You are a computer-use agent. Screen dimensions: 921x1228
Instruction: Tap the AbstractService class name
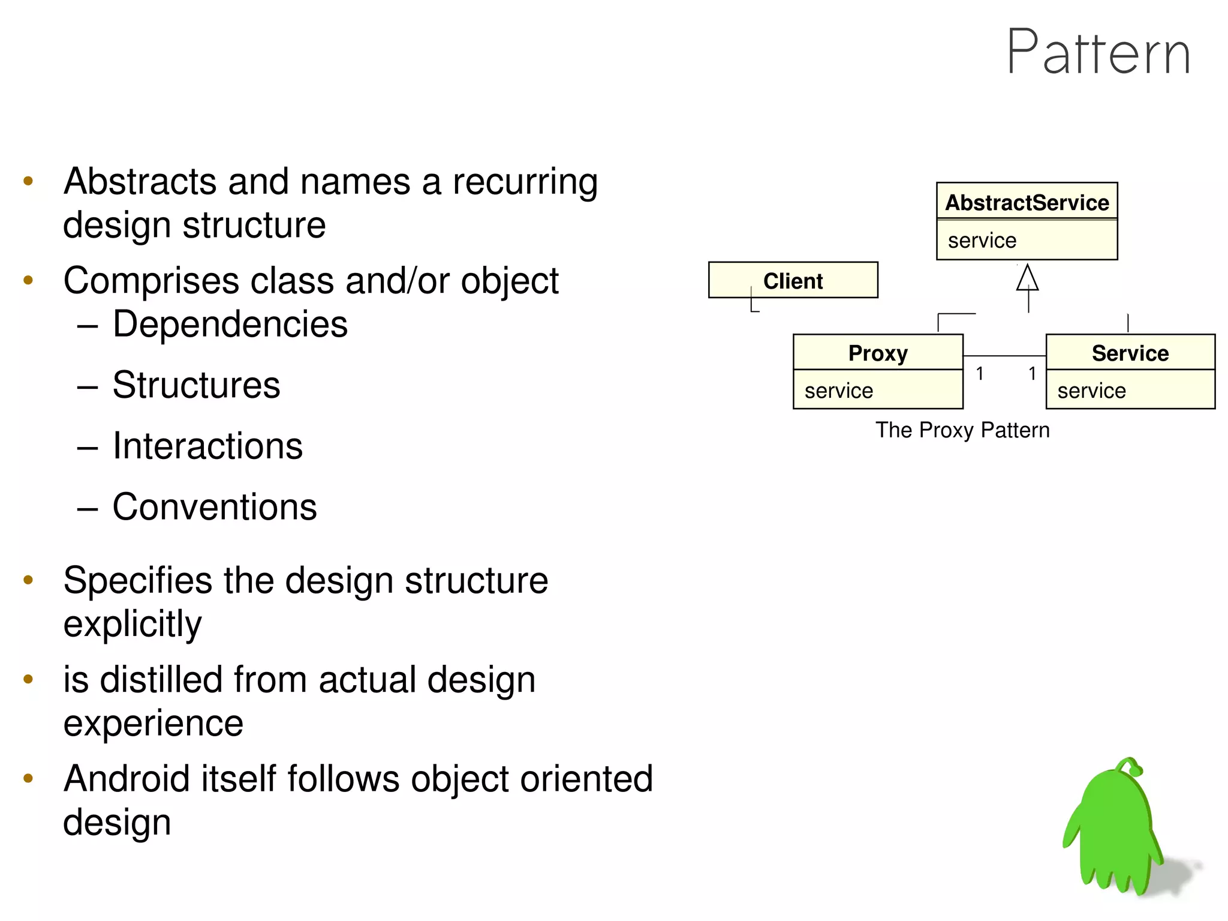pyautogui.click(x=1027, y=203)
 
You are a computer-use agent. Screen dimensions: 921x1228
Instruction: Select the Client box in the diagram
pyautogui.click(x=793, y=280)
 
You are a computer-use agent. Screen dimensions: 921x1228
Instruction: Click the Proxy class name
pyautogui.click(x=878, y=353)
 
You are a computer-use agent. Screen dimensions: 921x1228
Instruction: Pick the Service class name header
pyautogui.click(x=1130, y=353)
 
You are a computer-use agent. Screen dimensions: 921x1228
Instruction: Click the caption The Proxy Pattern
pyautogui.click(x=962, y=430)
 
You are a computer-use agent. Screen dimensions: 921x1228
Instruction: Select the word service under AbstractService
pyautogui.click(x=982, y=241)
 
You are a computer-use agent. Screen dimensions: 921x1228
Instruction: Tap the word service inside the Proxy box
pyautogui.click(x=838, y=391)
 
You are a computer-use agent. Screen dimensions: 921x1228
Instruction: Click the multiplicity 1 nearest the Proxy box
pyautogui.click(x=979, y=374)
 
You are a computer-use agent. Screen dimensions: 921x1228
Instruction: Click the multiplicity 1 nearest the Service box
pyautogui.click(x=1032, y=374)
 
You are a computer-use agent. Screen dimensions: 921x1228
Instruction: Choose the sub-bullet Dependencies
pyautogui.click(x=230, y=325)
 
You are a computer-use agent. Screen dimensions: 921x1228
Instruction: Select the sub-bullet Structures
pyautogui.click(x=196, y=385)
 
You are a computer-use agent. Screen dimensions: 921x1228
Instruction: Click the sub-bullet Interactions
pyautogui.click(x=207, y=446)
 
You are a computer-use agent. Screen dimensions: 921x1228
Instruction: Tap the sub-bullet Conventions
pyautogui.click(x=214, y=507)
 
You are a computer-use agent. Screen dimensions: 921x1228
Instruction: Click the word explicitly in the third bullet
pyautogui.click(x=133, y=625)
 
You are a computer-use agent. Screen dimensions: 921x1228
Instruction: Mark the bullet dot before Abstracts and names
pyautogui.click(x=28, y=181)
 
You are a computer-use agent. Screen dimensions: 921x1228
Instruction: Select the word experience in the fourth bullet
pyautogui.click(x=153, y=723)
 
